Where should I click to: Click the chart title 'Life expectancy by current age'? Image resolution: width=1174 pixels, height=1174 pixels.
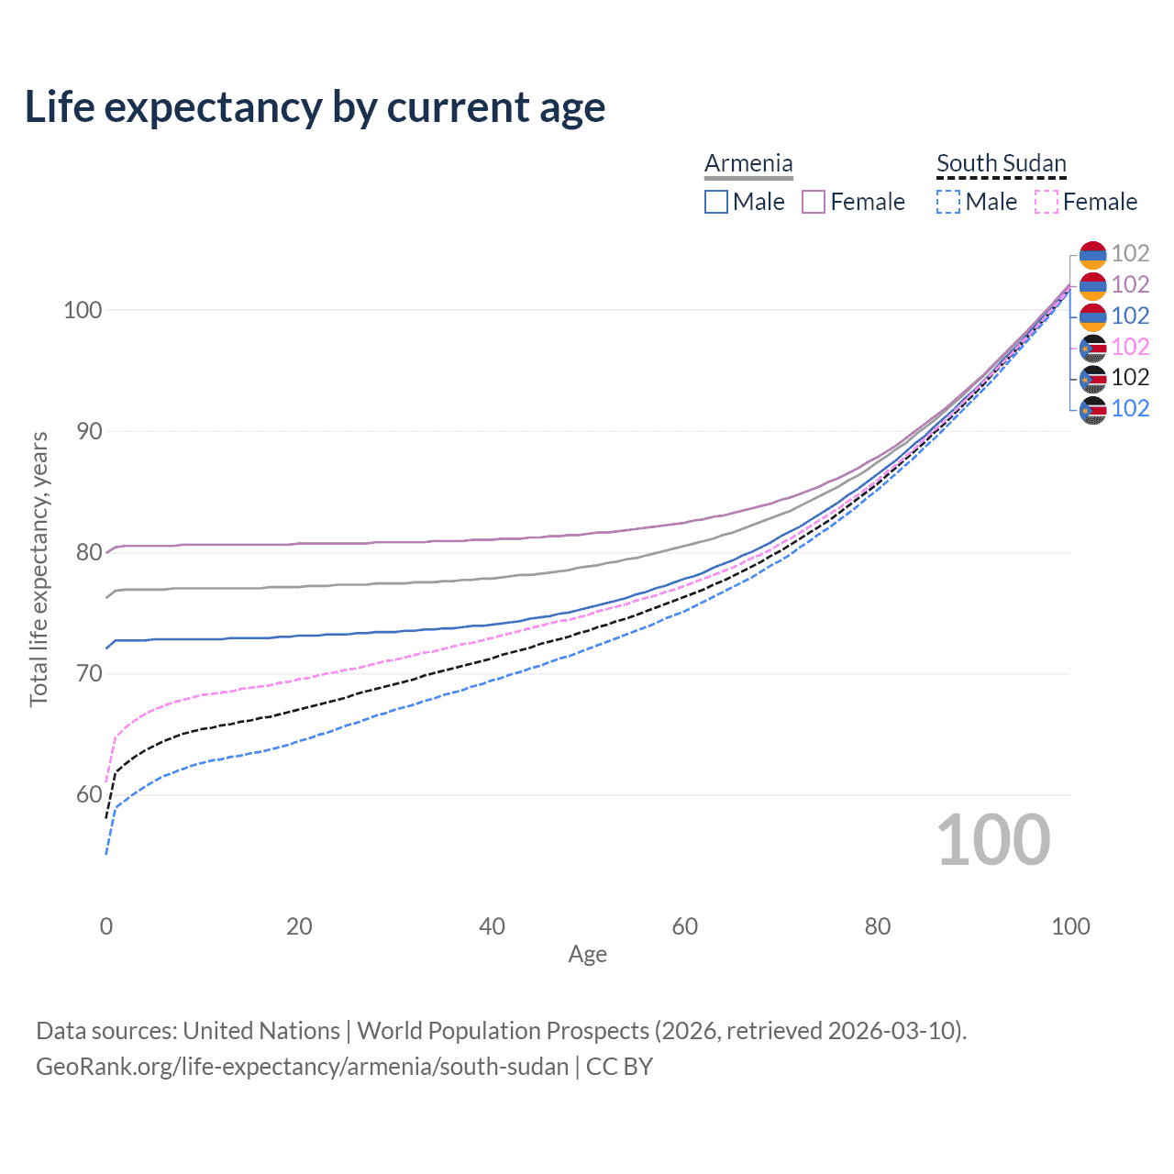point(315,107)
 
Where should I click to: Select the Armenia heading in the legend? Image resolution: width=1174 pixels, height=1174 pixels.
point(748,163)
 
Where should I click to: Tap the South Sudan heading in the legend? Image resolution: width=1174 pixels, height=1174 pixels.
point(1001,163)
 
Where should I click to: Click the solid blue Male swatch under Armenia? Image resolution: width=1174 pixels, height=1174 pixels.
point(716,202)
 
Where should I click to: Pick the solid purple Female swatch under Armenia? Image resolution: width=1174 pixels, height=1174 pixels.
point(814,202)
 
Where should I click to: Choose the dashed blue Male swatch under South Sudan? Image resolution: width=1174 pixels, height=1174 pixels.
point(948,202)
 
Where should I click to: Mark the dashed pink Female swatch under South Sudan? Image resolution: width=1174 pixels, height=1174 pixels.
point(1047,202)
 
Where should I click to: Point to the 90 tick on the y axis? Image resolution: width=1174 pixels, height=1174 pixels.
point(89,431)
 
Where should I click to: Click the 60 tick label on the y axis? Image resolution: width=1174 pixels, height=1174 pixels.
point(89,794)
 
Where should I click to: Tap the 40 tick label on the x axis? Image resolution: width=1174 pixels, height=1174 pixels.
point(492,926)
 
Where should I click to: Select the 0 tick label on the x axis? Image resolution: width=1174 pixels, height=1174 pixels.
point(106,926)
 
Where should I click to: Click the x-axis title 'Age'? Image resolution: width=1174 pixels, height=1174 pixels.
point(587,955)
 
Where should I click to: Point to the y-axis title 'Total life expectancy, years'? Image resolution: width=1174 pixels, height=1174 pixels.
point(39,570)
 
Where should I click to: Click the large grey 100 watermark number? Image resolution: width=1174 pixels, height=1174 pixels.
point(993,840)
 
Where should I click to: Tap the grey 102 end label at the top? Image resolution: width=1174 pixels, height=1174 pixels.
point(1130,254)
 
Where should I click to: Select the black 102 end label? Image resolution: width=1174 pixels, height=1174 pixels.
point(1130,378)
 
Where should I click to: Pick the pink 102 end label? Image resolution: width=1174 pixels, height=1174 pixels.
point(1130,347)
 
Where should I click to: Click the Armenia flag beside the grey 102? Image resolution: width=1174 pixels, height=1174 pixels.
point(1092,255)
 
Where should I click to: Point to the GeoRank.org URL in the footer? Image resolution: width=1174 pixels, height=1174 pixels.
point(302,1067)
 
